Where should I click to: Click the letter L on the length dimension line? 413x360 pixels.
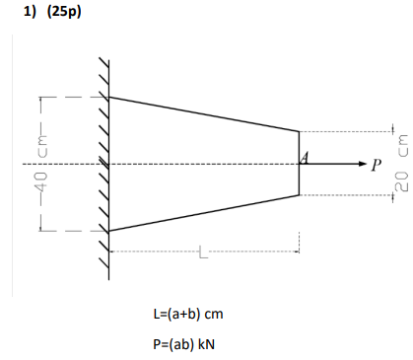[203, 255]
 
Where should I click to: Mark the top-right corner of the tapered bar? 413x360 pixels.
[299, 131]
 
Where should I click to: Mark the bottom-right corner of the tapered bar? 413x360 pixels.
[299, 195]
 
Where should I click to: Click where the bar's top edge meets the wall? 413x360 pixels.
[108, 97]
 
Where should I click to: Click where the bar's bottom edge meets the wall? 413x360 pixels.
[108, 231]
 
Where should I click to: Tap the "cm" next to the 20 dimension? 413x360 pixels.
[399, 145]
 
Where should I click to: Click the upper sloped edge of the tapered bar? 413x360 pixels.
[203, 113]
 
